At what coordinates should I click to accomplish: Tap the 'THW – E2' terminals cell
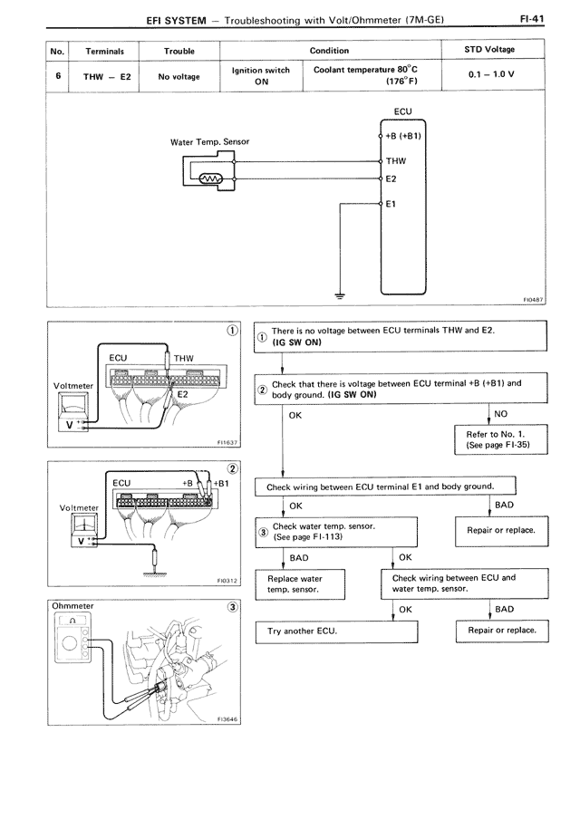coord(107,76)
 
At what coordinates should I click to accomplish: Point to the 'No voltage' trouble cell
coord(179,76)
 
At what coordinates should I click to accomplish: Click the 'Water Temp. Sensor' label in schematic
coord(209,142)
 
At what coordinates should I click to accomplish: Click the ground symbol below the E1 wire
coord(339,293)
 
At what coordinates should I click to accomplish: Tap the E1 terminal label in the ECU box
coord(391,204)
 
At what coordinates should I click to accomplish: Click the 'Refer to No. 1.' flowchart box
coord(495,440)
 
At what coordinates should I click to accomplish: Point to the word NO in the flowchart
coord(500,414)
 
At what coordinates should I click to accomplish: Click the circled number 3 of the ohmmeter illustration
coord(233,606)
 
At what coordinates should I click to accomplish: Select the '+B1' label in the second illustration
coord(219,483)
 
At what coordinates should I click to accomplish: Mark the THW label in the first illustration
coord(183,358)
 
